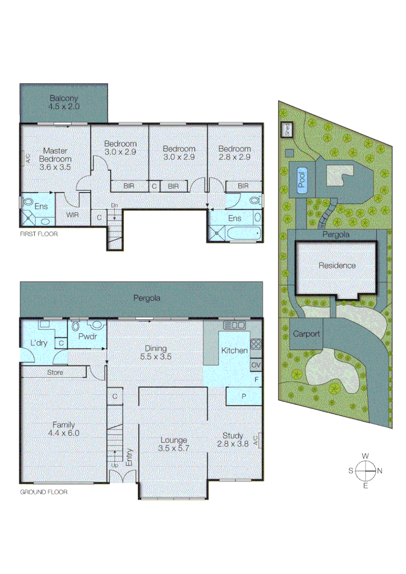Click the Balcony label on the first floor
(x=64, y=102)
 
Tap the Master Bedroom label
(x=55, y=158)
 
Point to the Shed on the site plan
(x=286, y=130)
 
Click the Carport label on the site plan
(x=306, y=334)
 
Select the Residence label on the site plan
(x=337, y=265)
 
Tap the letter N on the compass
(x=379, y=470)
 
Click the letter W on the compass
(x=366, y=456)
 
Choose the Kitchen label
(x=235, y=350)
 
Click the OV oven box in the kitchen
(x=256, y=365)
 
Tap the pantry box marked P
(x=244, y=396)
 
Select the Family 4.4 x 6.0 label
(x=63, y=428)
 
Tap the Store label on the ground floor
(x=55, y=372)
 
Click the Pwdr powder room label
(x=87, y=336)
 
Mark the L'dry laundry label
(x=38, y=343)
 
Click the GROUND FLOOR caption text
(x=44, y=492)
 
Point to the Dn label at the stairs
(x=114, y=205)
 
